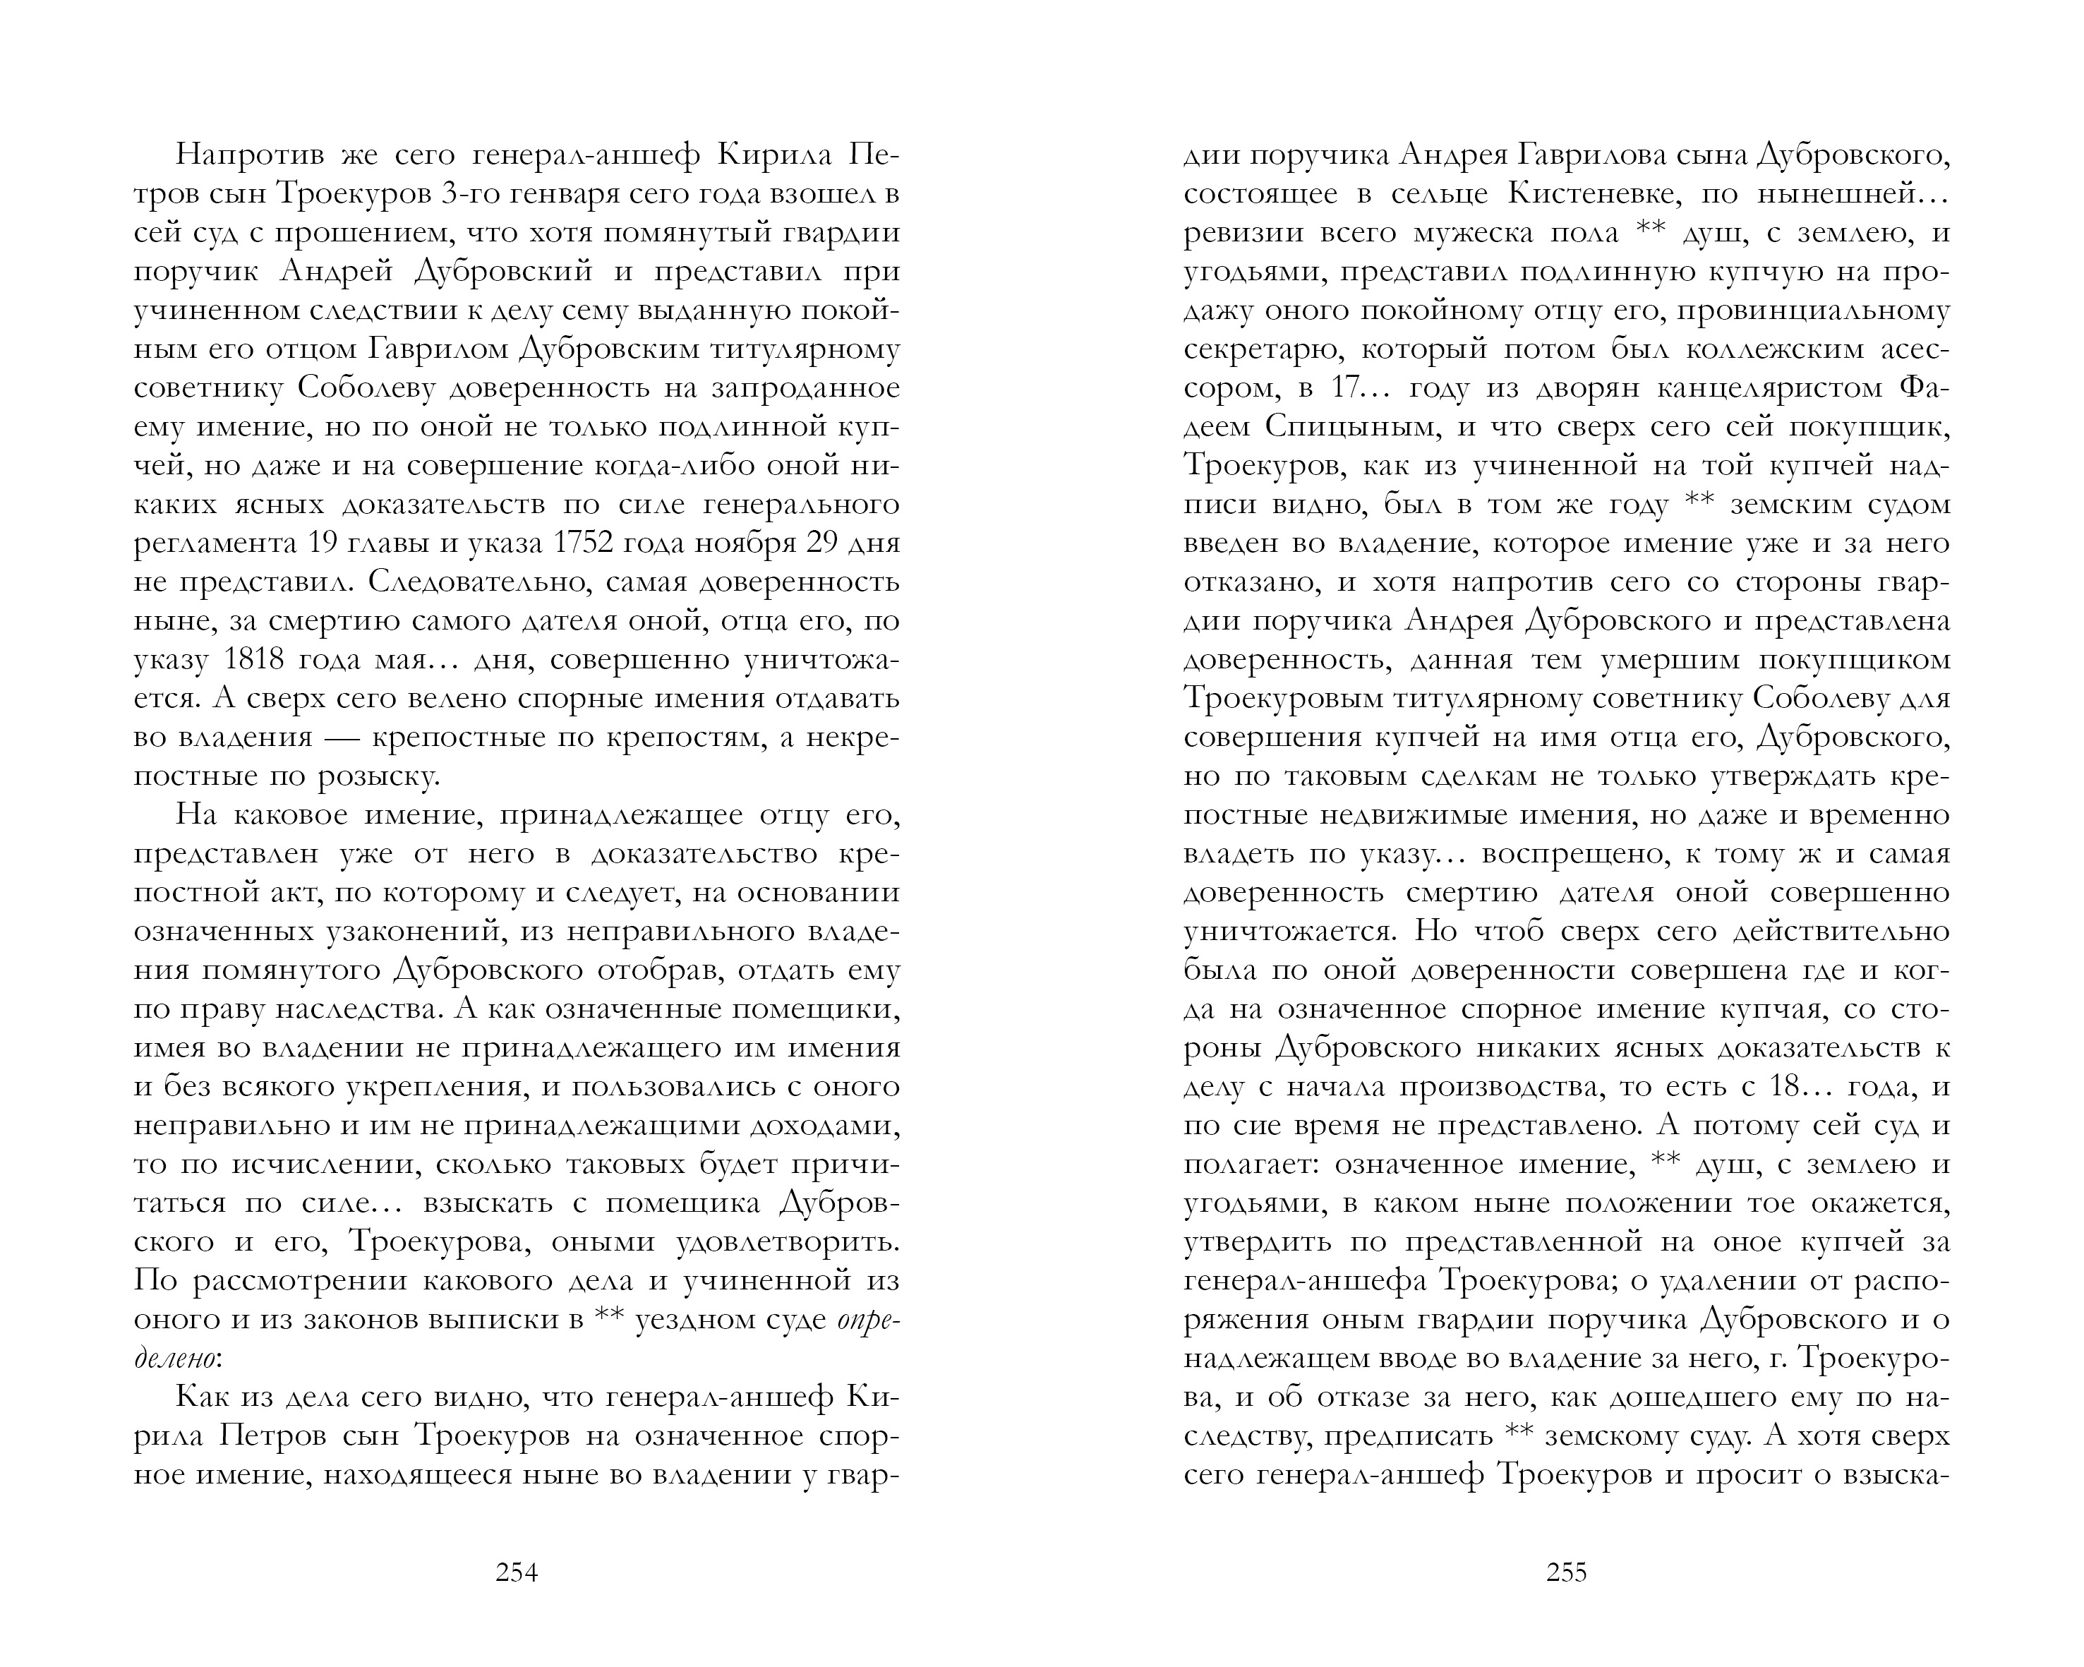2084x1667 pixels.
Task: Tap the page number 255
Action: point(1566,1572)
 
